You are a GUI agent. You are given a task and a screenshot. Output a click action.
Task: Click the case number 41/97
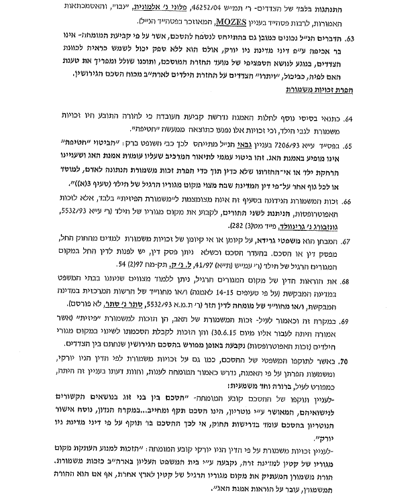218,288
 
